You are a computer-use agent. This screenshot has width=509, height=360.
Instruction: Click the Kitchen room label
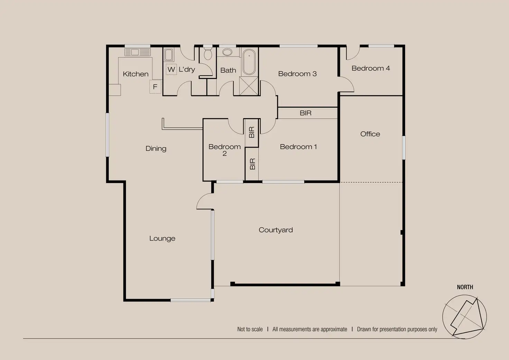(x=136, y=74)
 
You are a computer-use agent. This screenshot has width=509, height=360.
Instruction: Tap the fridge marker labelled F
(x=155, y=87)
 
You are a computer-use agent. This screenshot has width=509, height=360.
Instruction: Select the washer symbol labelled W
(x=171, y=70)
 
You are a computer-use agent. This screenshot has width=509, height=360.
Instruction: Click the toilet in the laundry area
(x=208, y=54)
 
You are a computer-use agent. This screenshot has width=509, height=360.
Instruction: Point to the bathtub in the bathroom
(x=249, y=62)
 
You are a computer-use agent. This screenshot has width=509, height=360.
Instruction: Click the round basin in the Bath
(x=227, y=52)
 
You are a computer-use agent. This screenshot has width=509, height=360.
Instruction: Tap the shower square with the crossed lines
(x=249, y=86)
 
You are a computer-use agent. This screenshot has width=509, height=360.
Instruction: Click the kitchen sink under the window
(x=137, y=53)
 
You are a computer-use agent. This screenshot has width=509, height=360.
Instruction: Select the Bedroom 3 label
(x=297, y=74)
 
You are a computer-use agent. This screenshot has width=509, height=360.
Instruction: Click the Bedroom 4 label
(x=371, y=68)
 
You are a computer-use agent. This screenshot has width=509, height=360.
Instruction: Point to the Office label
(x=370, y=134)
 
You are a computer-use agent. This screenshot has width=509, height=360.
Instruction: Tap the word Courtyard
(x=276, y=230)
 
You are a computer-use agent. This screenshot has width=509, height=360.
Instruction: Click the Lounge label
(x=162, y=238)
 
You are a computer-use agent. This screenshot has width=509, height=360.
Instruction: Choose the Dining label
(x=156, y=149)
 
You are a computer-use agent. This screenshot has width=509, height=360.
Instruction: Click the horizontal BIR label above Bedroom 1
(x=305, y=113)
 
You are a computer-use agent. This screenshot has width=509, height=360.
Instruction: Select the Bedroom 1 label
(x=298, y=147)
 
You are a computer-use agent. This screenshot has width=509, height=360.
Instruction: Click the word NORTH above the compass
(x=465, y=287)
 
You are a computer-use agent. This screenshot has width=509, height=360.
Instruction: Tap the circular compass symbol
(x=464, y=317)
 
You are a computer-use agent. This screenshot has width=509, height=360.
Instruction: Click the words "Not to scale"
(x=250, y=329)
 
